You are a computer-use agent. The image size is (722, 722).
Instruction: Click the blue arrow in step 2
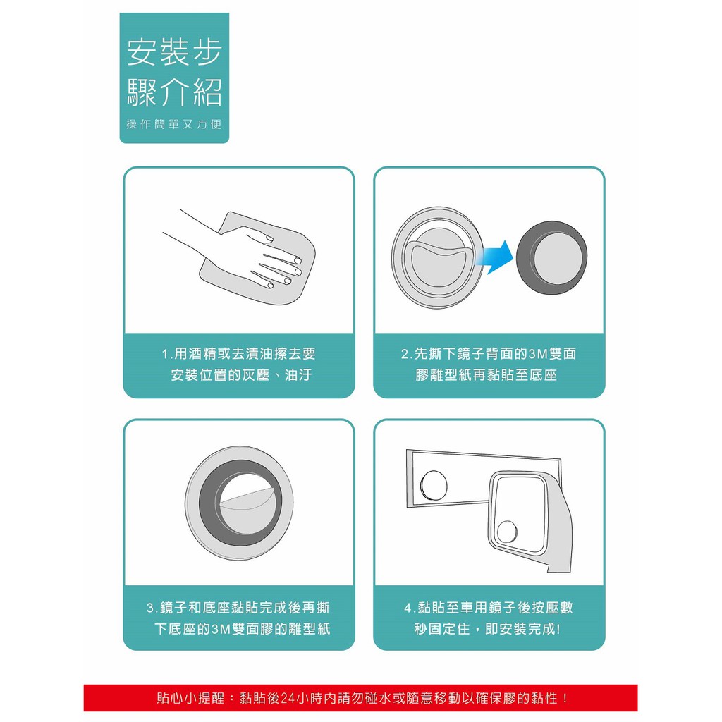[495, 257]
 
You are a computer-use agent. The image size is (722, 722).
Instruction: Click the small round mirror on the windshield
[434, 485]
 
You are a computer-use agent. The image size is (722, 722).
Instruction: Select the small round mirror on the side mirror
[506, 532]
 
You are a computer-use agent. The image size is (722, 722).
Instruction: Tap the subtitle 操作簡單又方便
[174, 124]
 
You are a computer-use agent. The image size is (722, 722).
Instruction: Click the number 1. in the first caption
[166, 354]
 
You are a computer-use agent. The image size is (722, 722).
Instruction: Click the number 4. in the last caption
[410, 608]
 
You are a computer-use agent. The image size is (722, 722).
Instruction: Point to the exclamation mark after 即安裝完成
[558, 629]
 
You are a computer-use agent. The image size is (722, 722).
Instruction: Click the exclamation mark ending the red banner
[565, 699]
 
